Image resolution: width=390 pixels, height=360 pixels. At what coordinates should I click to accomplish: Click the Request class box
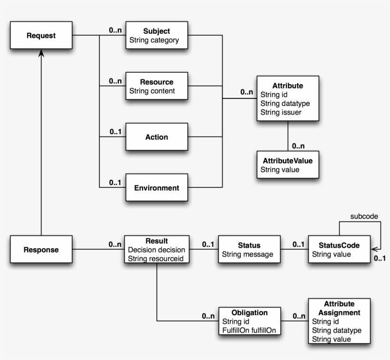click(x=41, y=36)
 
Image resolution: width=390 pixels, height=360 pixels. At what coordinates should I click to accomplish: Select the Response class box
click(x=41, y=250)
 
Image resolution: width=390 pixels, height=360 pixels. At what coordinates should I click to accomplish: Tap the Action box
click(x=156, y=137)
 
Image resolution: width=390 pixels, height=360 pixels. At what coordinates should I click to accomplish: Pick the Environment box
click(x=156, y=188)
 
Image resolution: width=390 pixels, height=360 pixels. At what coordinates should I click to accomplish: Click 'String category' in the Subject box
click(x=154, y=40)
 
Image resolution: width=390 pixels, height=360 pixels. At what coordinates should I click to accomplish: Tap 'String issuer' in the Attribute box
click(x=281, y=112)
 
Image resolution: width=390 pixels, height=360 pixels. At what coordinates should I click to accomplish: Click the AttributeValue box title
click(x=287, y=160)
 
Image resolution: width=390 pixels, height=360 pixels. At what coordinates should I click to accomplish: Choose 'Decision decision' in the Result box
click(x=156, y=250)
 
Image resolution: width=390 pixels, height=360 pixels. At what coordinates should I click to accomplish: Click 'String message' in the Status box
click(x=247, y=254)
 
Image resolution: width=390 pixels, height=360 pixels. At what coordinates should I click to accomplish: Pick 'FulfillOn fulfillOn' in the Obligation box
click(x=249, y=330)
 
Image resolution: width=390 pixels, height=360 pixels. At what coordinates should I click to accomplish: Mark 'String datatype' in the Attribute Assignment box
click(x=337, y=330)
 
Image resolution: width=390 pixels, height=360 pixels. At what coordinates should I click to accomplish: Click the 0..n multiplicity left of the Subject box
click(x=115, y=30)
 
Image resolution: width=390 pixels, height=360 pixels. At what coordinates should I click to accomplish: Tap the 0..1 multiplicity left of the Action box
click(x=115, y=132)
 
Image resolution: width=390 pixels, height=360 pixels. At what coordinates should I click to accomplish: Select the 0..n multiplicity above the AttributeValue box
click(x=299, y=146)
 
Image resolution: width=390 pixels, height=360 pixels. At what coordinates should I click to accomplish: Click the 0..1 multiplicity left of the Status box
click(x=208, y=244)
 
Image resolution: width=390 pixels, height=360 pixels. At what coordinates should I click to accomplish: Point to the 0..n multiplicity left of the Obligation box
click(x=208, y=316)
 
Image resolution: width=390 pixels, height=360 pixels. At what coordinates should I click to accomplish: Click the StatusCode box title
click(x=339, y=245)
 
